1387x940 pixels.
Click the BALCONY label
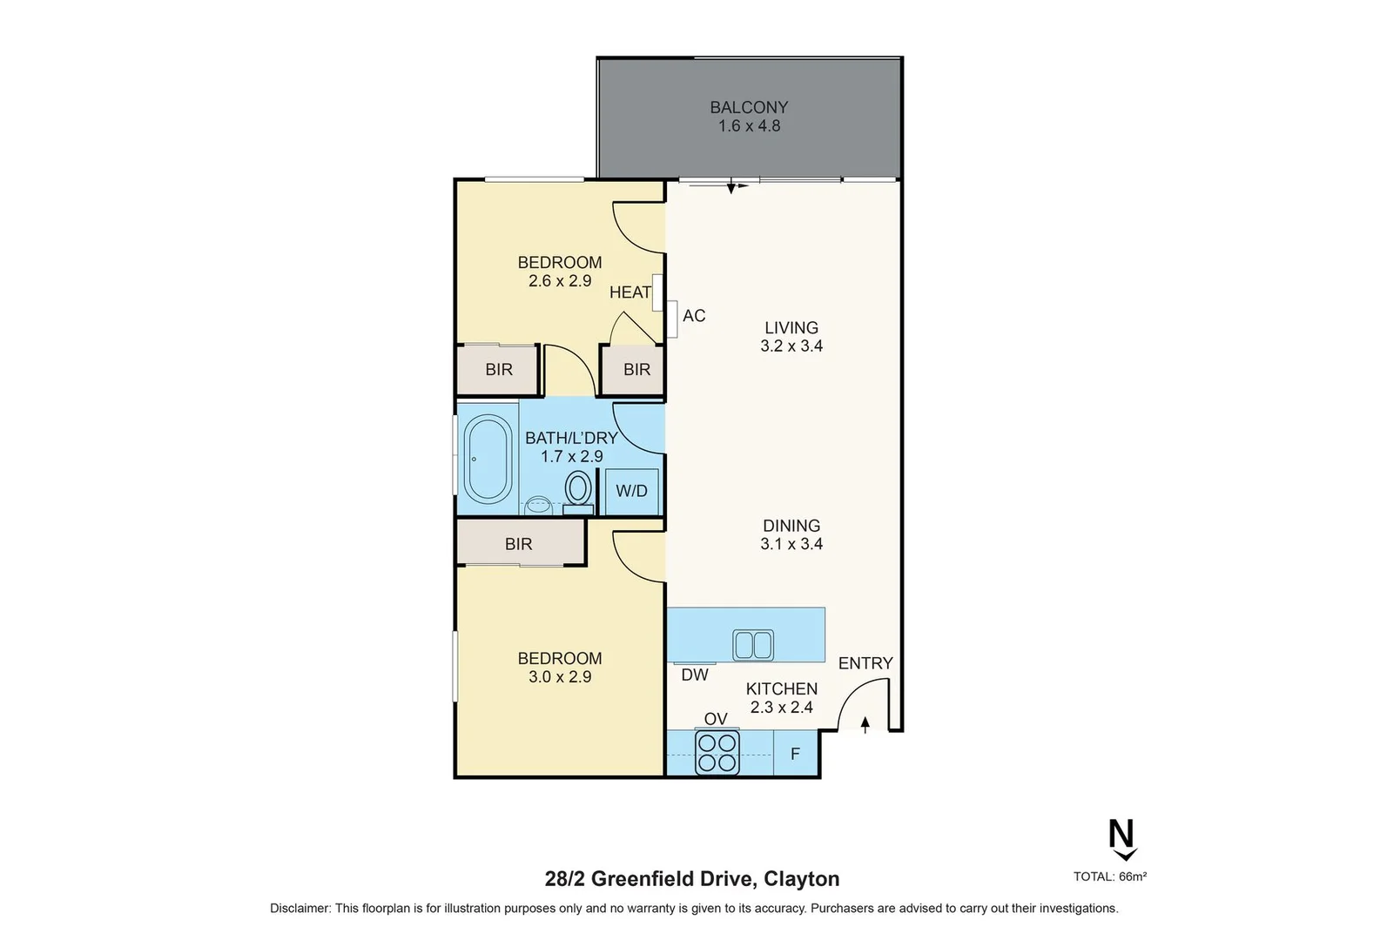(x=748, y=107)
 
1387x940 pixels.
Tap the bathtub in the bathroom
(x=487, y=460)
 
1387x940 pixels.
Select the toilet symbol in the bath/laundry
(x=578, y=487)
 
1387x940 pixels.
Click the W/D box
(x=631, y=491)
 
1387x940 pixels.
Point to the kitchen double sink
(x=753, y=645)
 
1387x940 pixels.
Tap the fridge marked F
(x=795, y=754)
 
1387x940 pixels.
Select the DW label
(x=694, y=675)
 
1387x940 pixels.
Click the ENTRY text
(x=865, y=663)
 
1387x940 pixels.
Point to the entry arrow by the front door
(x=865, y=724)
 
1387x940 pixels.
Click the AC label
(x=694, y=315)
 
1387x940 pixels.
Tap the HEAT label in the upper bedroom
(x=630, y=292)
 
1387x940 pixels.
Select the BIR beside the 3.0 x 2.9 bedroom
(x=518, y=544)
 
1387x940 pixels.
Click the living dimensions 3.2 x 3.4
(x=791, y=346)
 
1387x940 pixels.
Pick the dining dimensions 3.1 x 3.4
(x=791, y=544)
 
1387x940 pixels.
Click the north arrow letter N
(x=1121, y=835)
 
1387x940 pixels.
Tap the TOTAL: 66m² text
(x=1109, y=876)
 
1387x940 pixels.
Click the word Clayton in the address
(x=801, y=879)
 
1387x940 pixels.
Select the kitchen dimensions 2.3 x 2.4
(x=781, y=707)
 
